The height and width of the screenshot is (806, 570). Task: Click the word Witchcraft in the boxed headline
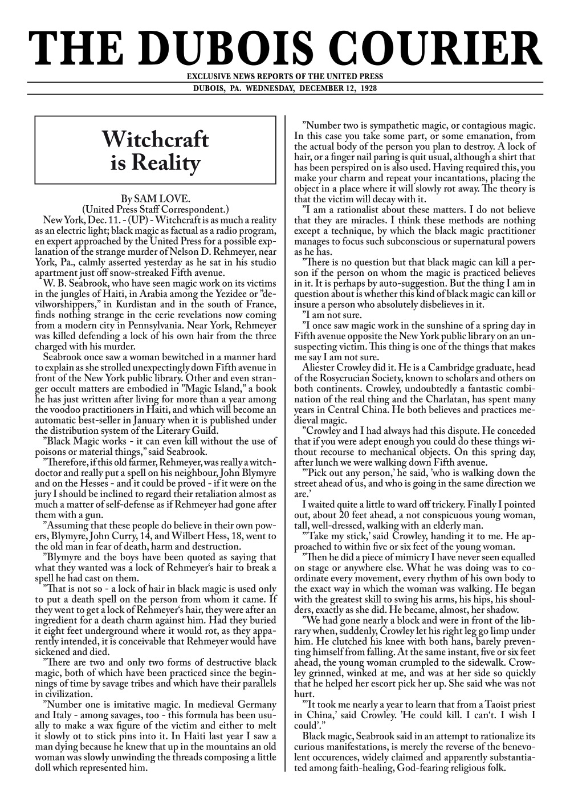155,139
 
